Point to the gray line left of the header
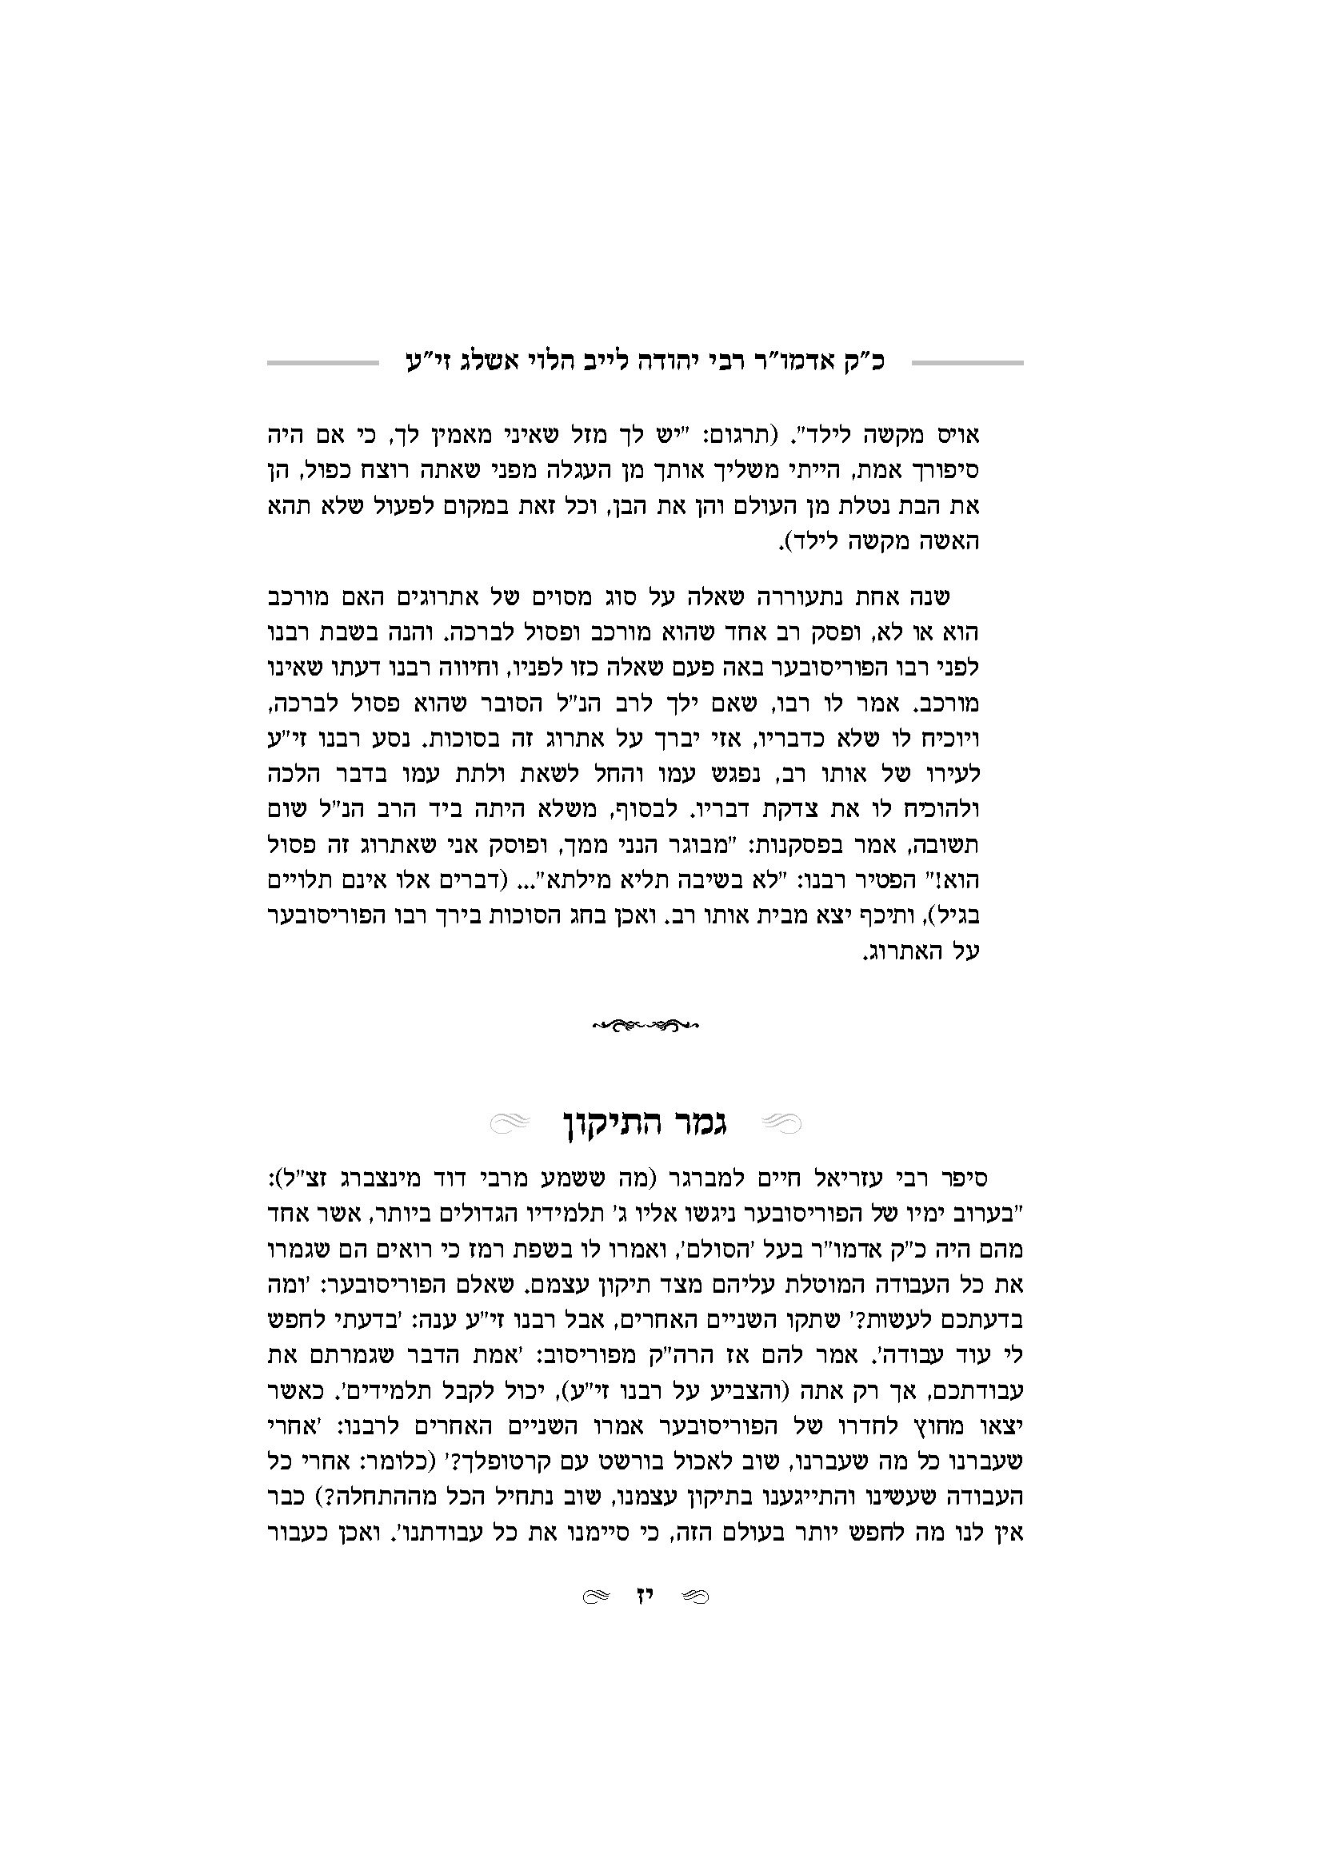point(322,361)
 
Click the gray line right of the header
point(967,361)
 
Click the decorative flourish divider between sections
point(646,1025)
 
